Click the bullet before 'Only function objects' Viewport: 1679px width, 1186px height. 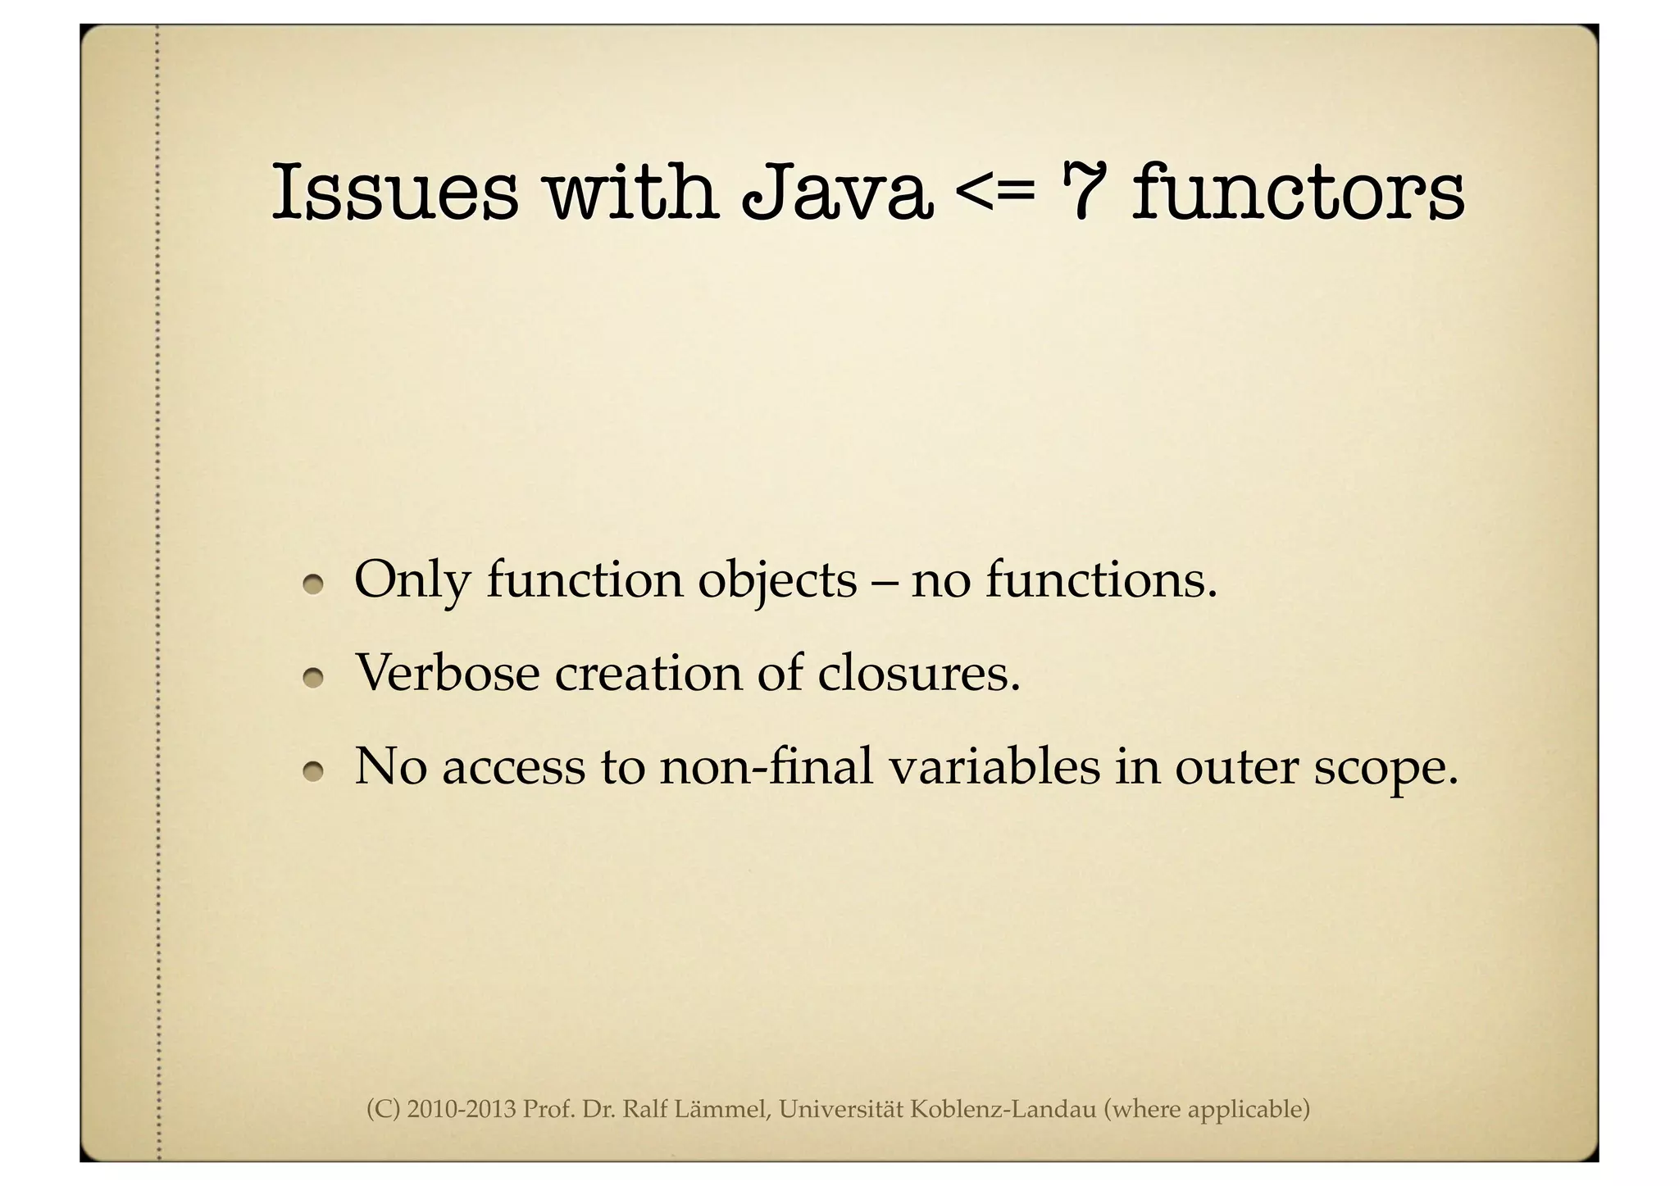click(312, 584)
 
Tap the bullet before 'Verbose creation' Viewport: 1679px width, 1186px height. click(312, 678)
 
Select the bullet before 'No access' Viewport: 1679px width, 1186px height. click(312, 771)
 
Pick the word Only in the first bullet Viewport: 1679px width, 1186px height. click(412, 580)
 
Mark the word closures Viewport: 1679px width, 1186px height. click(919, 673)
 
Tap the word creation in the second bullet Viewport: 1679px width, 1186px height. click(648, 673)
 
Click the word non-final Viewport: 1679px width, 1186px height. click(766, 766)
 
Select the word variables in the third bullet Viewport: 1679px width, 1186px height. click(993, 766)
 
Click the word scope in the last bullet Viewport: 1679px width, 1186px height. click(1386, 768)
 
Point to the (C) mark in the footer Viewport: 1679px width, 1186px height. click(383, 1109)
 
